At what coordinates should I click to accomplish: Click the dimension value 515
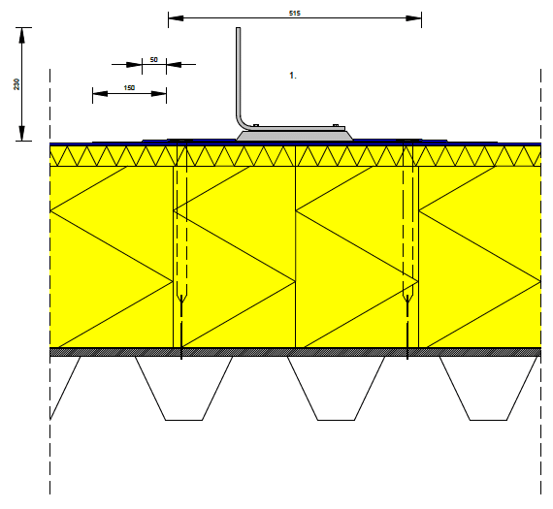295,13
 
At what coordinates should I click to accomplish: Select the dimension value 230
16,84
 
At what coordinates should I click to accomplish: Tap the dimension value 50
153,59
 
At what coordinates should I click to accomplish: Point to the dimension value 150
129,87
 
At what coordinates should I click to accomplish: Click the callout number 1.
293,76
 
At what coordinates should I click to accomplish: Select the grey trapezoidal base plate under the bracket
295,136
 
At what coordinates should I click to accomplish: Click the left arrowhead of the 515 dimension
176,18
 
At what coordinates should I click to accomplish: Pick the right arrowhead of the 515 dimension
413,18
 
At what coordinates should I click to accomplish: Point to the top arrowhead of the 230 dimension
22,35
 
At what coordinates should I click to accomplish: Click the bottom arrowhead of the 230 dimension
22,133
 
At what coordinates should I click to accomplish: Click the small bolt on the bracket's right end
336,125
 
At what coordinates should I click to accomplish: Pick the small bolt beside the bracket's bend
256,125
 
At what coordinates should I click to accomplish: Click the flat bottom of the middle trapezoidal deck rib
336,420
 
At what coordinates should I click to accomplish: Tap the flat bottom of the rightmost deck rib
488,420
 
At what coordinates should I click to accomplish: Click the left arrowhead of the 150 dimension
100,93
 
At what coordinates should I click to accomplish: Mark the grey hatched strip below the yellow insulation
296,352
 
